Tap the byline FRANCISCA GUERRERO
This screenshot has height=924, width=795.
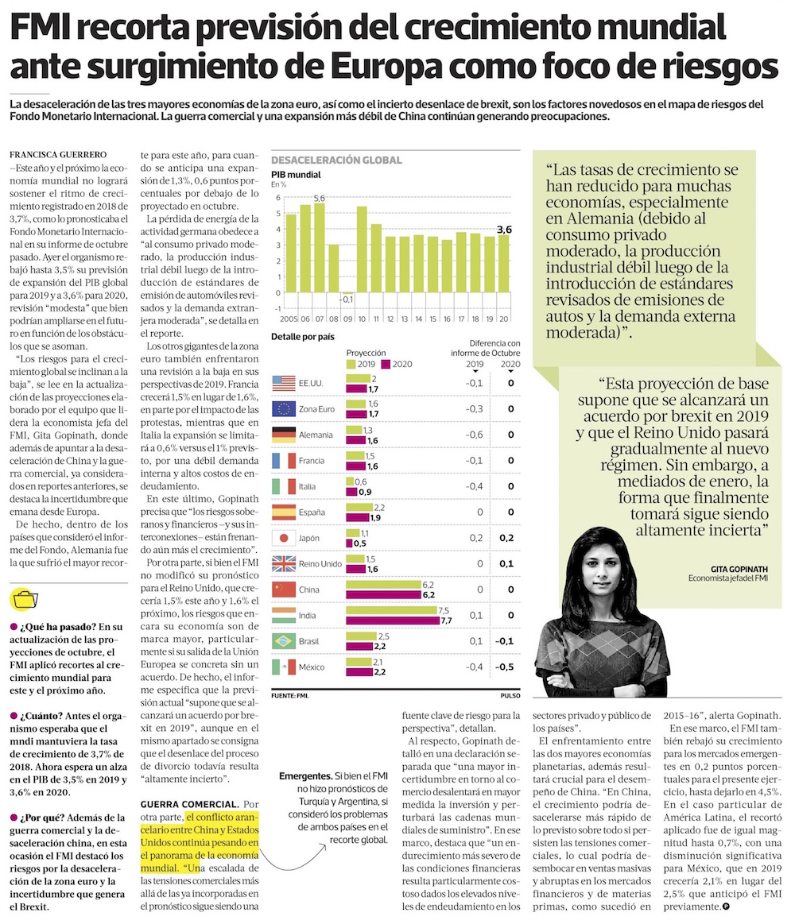[x=58, y=153]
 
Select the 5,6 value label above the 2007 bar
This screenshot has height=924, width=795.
[x=319, y=198]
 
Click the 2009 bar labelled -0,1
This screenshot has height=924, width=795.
[x=348, y=295]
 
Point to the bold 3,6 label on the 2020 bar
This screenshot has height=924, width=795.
[x=503, y=230]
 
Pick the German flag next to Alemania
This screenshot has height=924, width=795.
[x=285, y=435]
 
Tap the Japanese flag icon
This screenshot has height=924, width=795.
[x=285, y=538]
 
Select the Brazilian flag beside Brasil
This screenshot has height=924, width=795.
[x=285, y=641]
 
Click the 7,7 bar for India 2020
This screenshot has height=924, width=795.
[x=392, y=620]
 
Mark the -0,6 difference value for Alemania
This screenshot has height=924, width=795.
[x=472, y=435]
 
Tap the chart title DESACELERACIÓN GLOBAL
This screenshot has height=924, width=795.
[x=336, y=160]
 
